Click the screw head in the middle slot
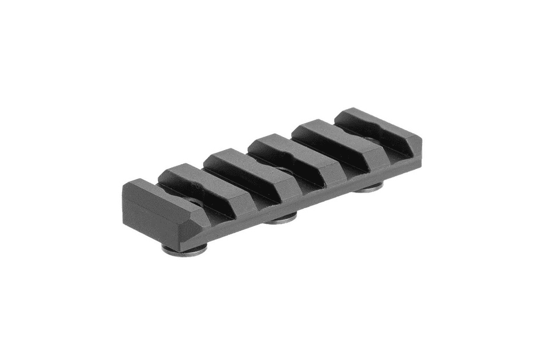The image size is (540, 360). [281, 172]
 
